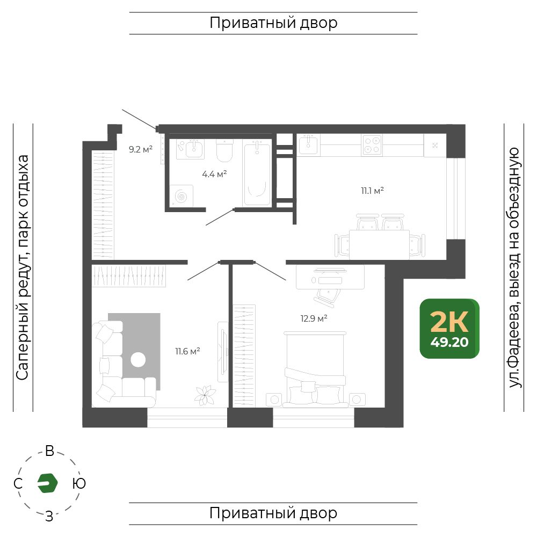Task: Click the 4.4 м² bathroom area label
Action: point(214,174)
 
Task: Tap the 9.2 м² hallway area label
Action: point(140,149)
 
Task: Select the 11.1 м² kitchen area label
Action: point(372,191)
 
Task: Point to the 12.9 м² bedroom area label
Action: point(314,318)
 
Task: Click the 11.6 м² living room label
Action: point(187,351)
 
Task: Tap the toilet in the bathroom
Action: point(224,151)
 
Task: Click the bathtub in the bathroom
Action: point(257,173)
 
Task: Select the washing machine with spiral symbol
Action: point(182,196)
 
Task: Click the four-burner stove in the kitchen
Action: point(372,145)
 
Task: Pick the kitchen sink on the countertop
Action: point(308,144)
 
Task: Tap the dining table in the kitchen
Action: point(380,244)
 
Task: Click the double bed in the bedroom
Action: point(315,369)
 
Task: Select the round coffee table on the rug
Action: point(138,360)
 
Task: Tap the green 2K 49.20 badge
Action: point(449,329)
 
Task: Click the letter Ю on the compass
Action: point(79,483)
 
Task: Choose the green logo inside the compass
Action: point(47,483)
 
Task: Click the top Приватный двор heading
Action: point(273,23)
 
